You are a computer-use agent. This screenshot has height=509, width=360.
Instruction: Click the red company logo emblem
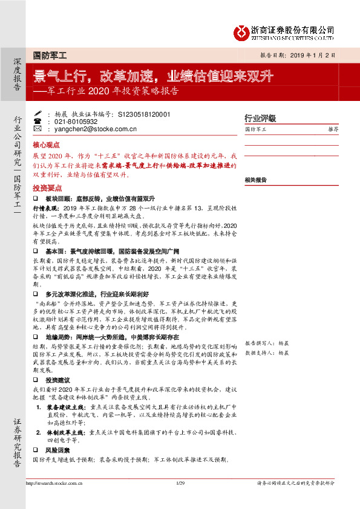pos(243,30)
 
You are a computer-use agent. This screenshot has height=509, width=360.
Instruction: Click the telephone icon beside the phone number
pos(38,121)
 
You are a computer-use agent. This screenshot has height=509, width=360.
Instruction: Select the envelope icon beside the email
pos(38,129)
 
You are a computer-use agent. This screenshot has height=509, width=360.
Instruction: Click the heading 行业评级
pos(260,118)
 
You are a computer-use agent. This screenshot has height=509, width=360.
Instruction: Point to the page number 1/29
pos(179,484)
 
